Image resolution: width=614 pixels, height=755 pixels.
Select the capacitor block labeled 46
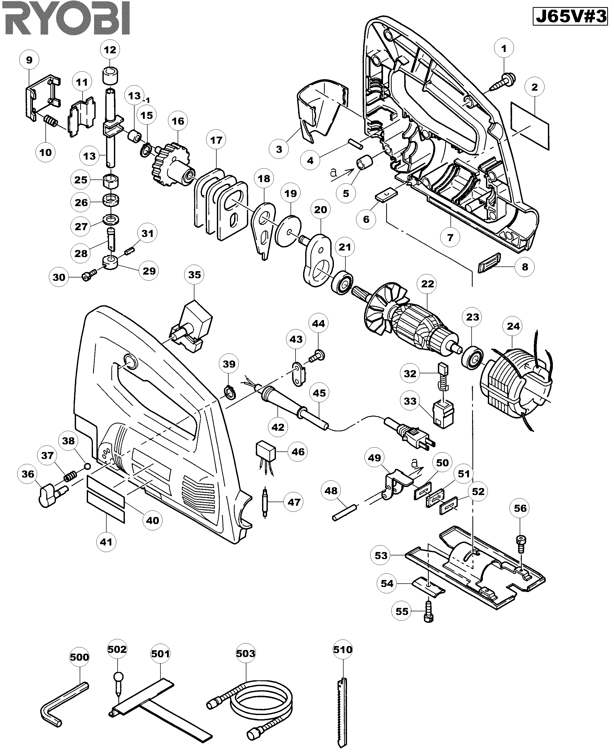[266, 451]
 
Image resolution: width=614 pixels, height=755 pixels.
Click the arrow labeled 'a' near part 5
[343, 174]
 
